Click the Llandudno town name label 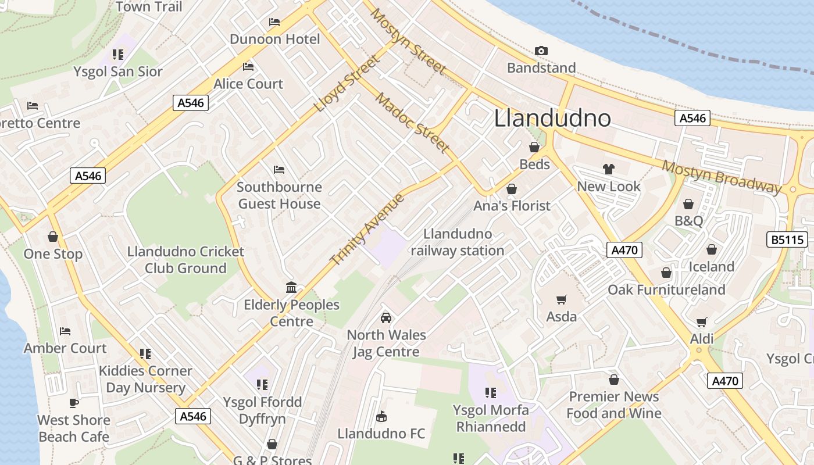click(x=552, y=118)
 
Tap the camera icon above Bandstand click(x=541, y=51)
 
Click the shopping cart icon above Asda click(x=561, y=300)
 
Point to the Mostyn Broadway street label click(x=722, y=177)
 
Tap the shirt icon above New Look click(x=609, y=169)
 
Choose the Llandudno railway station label click(x=458, y=242)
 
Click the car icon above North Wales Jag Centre click(x=385, y=318)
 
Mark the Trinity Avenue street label click(x=367, y=230)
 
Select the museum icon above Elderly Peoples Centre click(x=291, y=287)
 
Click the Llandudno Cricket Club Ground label click(x=185, y=260)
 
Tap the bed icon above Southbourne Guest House click(x=279, y=170)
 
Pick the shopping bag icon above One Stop click(x=53, y=237)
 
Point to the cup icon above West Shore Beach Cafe click(x=74, y=402)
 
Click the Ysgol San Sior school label click(x=118, y=71)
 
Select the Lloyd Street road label click(x=346, y=84)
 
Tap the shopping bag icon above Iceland click(x=711, y=249)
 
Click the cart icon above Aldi click(x=702, y=322)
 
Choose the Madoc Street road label click(x=412, y=123)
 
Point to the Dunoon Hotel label click(x=275, y=39)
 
